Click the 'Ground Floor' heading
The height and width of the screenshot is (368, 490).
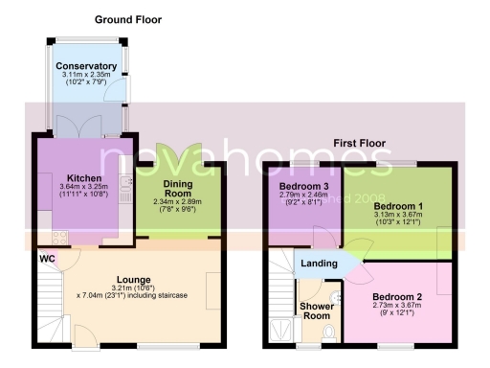point(127,19)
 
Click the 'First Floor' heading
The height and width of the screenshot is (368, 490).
point(359,143)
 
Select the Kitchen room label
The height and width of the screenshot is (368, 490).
point(84,178)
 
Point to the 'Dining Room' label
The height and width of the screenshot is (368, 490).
point(179,193)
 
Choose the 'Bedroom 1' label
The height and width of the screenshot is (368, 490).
point(397,206)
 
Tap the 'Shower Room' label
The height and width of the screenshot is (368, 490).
point(316,310)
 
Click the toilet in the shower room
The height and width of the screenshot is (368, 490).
point(328,332)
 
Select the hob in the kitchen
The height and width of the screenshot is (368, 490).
point(59,238)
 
